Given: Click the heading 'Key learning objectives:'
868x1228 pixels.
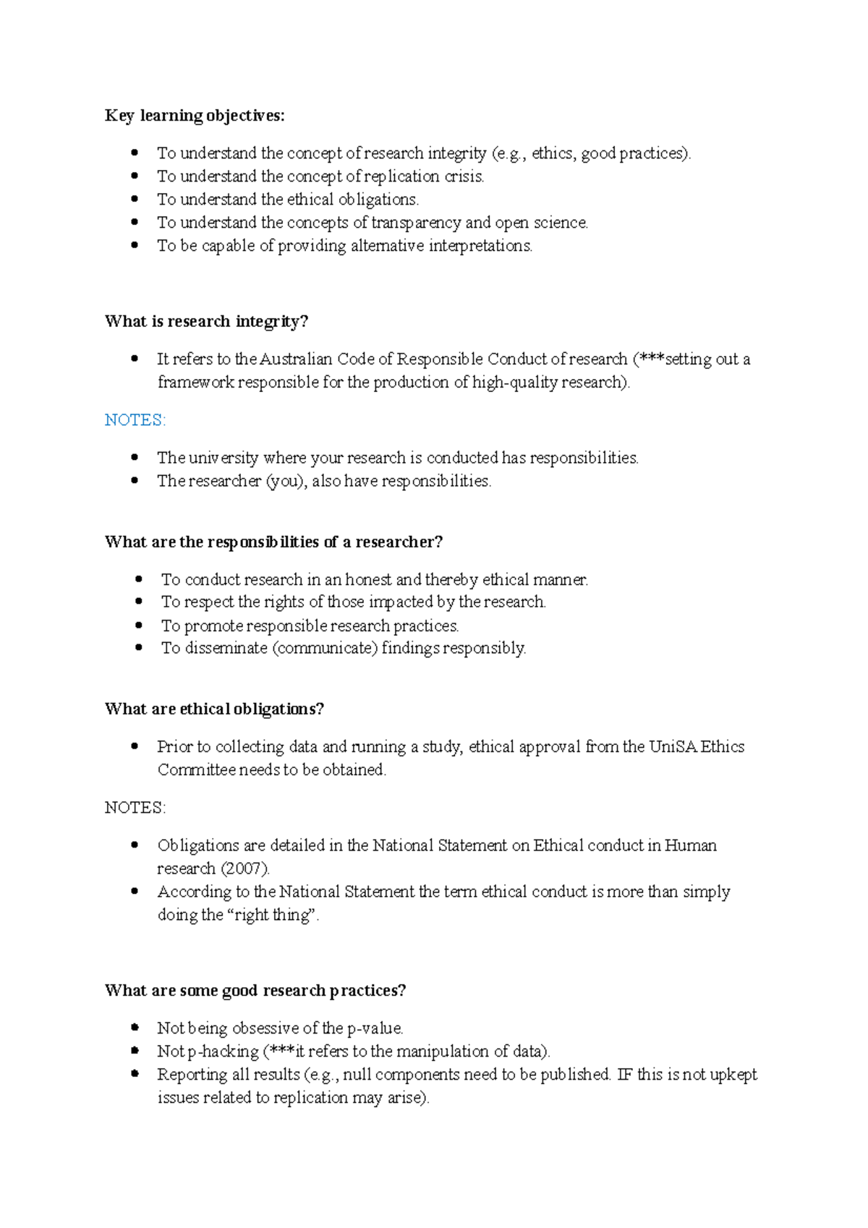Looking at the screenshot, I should [195, 116].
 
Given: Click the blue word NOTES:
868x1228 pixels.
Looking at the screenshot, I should [135, 420].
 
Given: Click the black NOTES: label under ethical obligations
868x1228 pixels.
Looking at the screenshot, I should [135, 808].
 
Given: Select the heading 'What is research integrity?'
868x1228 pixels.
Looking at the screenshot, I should [206, 322].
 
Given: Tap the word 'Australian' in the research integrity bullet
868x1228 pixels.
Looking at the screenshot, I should [296, 359].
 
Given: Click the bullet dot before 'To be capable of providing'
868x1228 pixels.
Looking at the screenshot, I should [135, 245].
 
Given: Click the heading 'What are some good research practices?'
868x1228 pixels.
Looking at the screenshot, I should [255, 991].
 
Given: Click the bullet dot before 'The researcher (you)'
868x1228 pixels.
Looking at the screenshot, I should [135, 480].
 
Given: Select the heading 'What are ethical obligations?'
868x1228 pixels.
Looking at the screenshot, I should [214, 709].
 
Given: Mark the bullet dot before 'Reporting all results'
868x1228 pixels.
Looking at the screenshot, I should [135, 1074].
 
